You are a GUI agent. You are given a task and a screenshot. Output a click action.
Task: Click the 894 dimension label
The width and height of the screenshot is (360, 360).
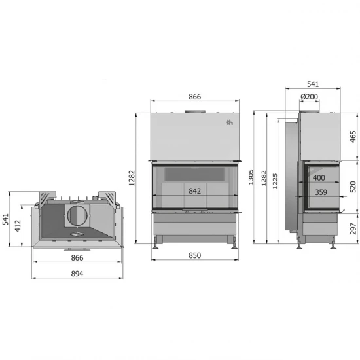[x=77, y=274]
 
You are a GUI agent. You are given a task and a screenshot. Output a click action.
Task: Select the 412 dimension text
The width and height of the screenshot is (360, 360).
[x=18, y=226]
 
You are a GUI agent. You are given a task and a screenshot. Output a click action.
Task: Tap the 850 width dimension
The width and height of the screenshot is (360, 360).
[x=194, y=255]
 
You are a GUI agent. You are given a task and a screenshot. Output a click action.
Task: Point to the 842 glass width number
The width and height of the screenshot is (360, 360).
[x=194, y=191]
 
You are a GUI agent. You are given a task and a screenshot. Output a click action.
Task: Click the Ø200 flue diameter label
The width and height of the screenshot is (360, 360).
[x=309, y=97]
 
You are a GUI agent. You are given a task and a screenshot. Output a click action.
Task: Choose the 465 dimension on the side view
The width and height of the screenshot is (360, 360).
[x=353, y=136]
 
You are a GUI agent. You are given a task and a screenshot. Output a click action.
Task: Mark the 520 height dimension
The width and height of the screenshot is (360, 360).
[x=353, y=187]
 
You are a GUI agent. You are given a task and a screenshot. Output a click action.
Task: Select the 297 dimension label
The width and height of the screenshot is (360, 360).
[x=353, y=228]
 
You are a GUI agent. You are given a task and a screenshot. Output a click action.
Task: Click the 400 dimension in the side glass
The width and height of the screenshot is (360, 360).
[x=319, y=177]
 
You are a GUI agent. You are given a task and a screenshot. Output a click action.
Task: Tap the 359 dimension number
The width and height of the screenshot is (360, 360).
[x=321, y=192]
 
